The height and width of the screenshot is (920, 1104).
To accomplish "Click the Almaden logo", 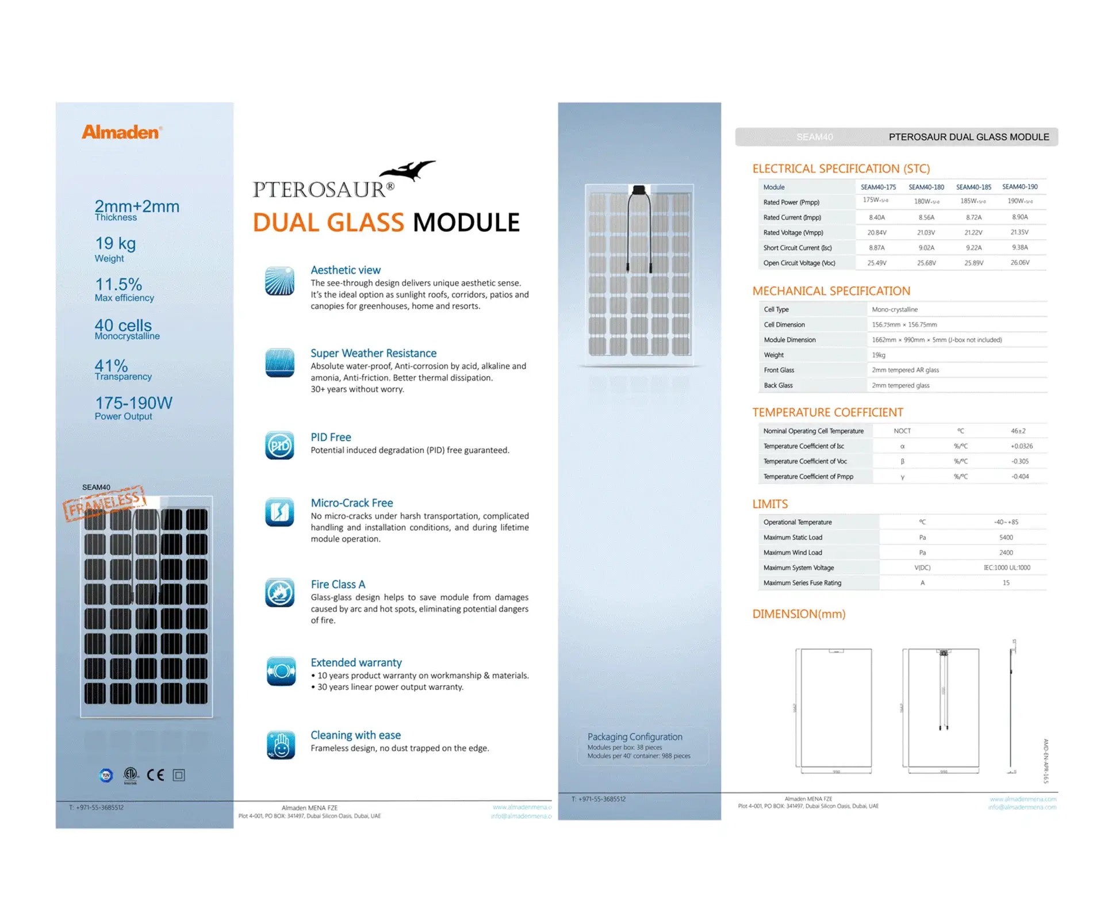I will (x=121, y=132).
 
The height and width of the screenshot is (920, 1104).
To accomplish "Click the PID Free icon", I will (x=280, y=446).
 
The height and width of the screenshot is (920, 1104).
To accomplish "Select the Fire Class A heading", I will (x=338, y=584).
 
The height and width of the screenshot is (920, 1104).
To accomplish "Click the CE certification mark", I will (x=155, y=775).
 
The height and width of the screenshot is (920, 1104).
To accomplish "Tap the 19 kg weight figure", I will (x=116, y=243).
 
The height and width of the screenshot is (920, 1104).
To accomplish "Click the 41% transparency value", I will (x=111, y=365).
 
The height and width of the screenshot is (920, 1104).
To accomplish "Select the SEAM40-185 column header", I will (x=973, y=187).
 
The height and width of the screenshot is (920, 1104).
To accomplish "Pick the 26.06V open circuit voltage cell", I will (x=1020, y=263).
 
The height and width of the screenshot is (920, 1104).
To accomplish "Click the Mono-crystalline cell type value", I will (x=895, y=309).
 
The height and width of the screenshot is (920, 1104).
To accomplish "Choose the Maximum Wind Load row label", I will (x=792, y=553).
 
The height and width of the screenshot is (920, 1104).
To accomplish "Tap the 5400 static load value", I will (x=1006, y=538).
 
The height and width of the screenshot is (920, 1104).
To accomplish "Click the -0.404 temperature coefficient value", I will (x=1020, y=477).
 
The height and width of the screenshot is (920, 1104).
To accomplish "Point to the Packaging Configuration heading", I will (x=635, y=737).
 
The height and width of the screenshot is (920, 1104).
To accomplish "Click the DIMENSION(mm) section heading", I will (x=799, y=614).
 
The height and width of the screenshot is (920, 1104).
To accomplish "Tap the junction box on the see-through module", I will (x=639, y=190).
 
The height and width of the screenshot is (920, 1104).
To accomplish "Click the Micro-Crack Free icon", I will (x=280, y=512).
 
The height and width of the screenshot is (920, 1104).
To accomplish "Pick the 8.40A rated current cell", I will (x=877, y=217).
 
